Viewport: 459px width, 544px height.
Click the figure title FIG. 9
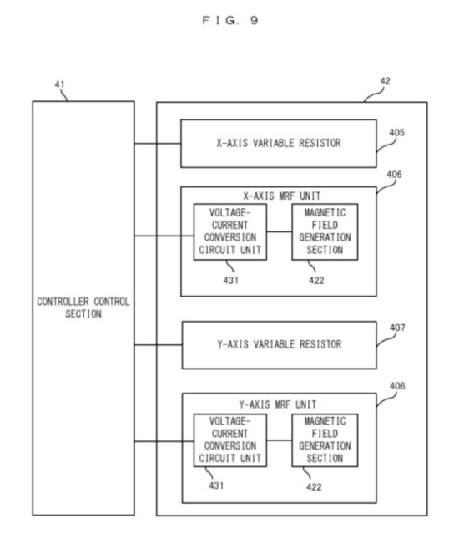click(x=230, y=20)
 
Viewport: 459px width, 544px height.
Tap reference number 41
click(x=59, y=84)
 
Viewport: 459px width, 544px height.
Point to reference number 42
click(x=386, y=81)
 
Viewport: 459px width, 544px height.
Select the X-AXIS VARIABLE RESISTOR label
click(x=279, y=143)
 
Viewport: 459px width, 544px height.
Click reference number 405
click(x=396, y=133)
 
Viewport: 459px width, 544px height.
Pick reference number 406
click(x=394, y=174)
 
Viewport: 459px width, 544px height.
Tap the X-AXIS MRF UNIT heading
click(x=281, y=196)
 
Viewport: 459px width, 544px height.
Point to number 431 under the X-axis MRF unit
click(x=230, y=280)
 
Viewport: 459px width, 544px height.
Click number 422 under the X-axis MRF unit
click(x=316, y=280)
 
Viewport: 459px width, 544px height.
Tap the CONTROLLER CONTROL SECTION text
click(x=83, y=308)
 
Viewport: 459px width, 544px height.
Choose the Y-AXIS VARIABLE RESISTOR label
click(x=280, y=344)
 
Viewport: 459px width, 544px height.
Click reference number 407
click(x=397, y=328)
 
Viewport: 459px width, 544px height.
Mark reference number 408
click(x=397, y=386)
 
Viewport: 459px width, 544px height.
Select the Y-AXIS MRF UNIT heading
click(x=277, y=404)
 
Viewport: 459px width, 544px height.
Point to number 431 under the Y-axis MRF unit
click(x=216, y=486)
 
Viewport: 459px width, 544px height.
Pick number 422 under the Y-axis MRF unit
click(x=314, y=487)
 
